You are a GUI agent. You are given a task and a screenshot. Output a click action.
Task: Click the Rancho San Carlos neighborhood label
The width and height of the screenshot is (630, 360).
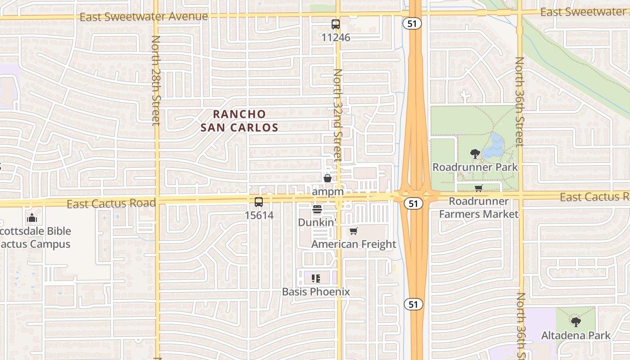click(x=239, y=121)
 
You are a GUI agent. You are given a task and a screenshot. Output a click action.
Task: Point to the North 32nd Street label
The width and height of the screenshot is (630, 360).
click(x=338, y=115)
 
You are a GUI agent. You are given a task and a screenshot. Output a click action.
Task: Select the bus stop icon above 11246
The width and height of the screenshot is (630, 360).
click(x=336, y=24)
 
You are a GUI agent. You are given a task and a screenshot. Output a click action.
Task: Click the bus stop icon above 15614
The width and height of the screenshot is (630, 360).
click(x=259, y=202)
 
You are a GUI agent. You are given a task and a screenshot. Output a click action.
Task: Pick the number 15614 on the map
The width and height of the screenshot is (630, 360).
click(x=259, y=215)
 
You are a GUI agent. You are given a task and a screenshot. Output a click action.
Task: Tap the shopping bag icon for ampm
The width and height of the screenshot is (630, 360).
click(x=328, y=178)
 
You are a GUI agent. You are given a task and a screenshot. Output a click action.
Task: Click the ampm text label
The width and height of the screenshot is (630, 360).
click(x=328, y=192)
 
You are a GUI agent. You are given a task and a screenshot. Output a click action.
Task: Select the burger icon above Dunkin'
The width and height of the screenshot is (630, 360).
click(x=317, y=209)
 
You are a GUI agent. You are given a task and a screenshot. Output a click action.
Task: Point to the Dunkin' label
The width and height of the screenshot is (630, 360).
click(x=317, y=222)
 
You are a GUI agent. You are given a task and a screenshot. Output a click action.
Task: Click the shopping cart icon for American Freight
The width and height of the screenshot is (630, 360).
click(x=354, y=231)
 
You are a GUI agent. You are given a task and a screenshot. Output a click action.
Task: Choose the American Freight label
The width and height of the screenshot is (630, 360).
click(x=354, y=244)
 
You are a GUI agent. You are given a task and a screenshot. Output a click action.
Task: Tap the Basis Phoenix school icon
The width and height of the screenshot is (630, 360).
click(x=315, y=279)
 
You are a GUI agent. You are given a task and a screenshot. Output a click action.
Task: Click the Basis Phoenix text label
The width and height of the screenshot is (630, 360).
click(x=316, y=292)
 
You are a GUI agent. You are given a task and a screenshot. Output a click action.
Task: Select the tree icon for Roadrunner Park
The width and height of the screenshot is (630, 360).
click(x=475, y=154)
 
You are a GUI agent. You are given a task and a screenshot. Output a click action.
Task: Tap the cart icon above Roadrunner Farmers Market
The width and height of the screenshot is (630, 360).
click(x=478, y=188)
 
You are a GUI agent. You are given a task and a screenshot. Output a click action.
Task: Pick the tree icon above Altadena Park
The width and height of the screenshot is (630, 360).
click(x=576, y=322)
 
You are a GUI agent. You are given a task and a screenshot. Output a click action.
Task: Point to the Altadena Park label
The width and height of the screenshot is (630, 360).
click(x=576, y=335)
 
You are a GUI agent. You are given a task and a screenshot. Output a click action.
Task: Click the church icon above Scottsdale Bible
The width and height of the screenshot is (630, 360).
click(x=31, y=218)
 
